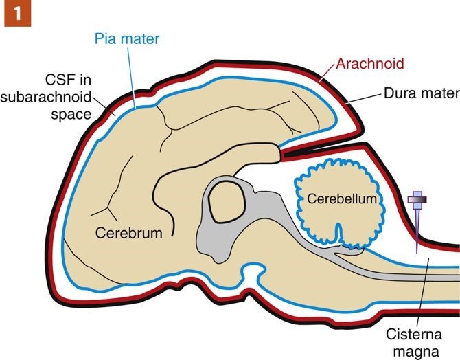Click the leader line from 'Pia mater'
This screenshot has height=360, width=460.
pyautogui.click(x=137, y=76)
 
